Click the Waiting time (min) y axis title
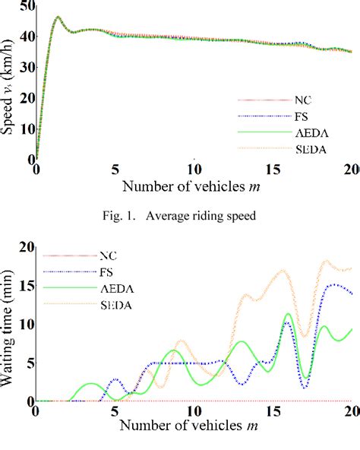pyautogui.click(x=9, y=325)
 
